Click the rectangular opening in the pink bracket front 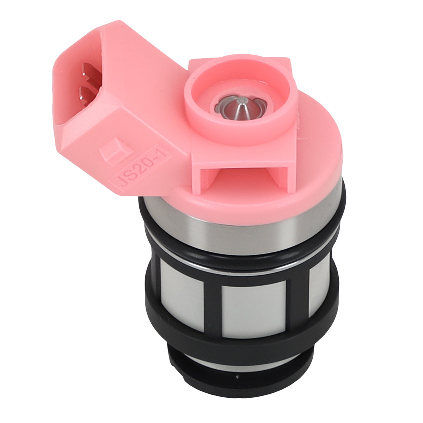[x=244, y=177]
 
